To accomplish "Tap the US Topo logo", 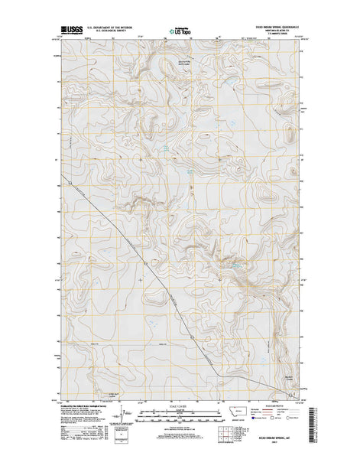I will click(x=180, y=32).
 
